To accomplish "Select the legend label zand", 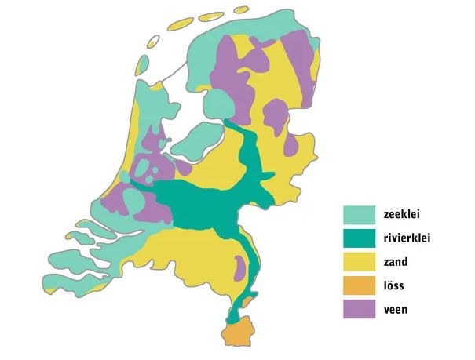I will coord(396,262).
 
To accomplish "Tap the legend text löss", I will coord(394,285).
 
